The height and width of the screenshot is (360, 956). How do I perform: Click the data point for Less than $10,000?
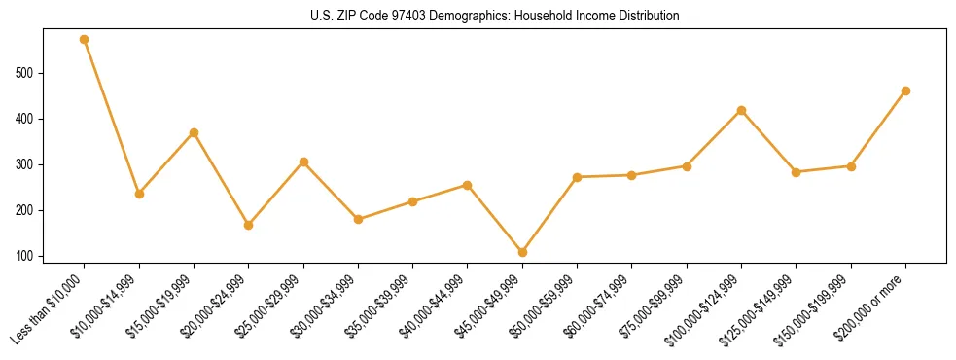pyautogui.click(x=85, y=40)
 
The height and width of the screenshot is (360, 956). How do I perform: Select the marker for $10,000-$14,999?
pyautogui.click(x=139, y=194)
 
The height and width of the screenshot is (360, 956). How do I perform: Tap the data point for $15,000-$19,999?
pyautogui.click(x=195, y=132)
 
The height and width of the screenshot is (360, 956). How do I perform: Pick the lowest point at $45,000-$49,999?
pyautogui.click(x=523, y=252)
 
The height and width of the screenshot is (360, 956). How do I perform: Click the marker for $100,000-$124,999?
pyautogui.click(x=742, y=110)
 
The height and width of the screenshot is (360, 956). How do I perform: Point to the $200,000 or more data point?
pyautogui.click(x=906, y=90)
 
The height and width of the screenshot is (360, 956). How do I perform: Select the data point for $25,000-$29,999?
pyautogui.click(x=303, y=162)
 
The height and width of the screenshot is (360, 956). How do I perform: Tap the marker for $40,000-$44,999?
pyautogui.click(x=468, y=185)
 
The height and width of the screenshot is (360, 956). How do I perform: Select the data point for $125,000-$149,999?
pyautogui.click(x=797, y=172)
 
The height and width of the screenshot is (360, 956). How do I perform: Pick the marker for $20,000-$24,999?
pyautogui.click(x=249, y=225)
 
